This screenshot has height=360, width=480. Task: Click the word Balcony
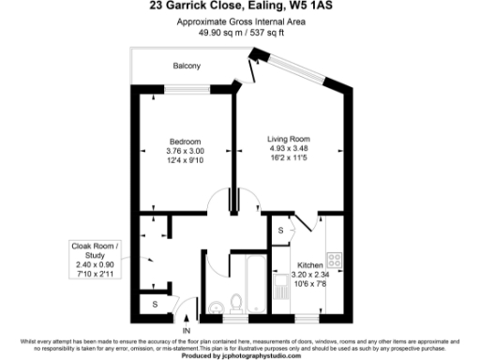[187, 66]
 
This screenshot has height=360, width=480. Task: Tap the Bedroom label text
[186, 142]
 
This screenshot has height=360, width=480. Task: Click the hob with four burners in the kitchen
[334, 257]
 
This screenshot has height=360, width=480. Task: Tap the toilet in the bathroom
[239, 302]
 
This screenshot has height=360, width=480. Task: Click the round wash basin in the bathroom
[216, 304]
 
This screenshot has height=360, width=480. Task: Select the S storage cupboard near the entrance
[155, 305]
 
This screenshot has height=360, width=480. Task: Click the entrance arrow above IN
[187, 318]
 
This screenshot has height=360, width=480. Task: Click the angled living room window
[256, 63]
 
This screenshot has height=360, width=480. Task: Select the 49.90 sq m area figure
[215, 32]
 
